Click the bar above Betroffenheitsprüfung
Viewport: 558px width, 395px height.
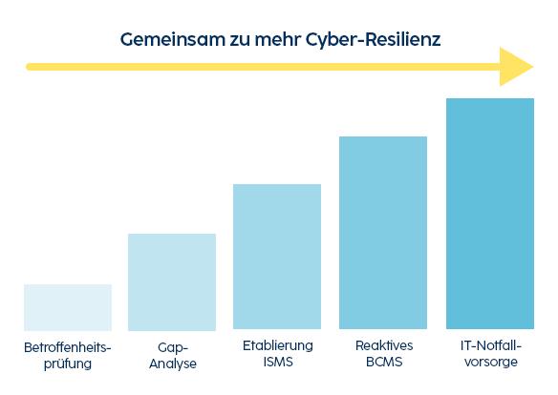68,307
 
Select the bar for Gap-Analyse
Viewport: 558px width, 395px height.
172,282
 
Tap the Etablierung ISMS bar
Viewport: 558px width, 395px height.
277,258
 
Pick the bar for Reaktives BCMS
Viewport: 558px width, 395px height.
383,233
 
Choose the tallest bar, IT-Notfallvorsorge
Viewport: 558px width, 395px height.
490,214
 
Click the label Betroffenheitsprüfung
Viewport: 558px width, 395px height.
68,354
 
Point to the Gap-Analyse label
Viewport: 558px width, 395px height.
172,354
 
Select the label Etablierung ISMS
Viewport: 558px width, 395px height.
277,354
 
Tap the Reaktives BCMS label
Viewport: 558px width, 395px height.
383,354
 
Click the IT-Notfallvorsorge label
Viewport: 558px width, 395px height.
490,354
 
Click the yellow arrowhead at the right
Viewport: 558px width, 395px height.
516,67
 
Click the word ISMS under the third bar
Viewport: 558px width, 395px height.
277,364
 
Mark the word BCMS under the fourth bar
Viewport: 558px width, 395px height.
383,364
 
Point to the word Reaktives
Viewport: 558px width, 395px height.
383,345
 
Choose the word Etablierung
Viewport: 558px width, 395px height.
277,345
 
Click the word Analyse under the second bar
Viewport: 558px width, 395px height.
172,364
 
